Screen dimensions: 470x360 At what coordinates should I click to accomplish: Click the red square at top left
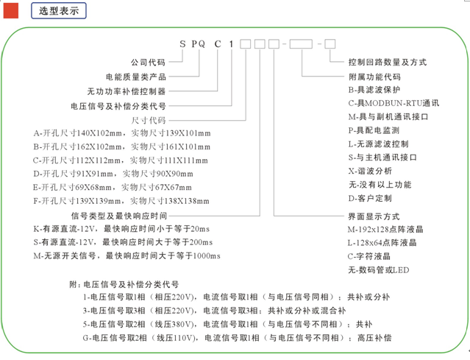click(x=11, y=11)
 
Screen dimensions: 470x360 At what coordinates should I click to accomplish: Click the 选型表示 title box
click(x=59, y=11)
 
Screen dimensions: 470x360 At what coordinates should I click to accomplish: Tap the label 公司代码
click(x=148, y=62)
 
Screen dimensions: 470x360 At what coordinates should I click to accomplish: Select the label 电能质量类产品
click(x=136, y=77)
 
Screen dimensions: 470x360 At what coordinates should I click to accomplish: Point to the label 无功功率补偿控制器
click(x=127, y=91)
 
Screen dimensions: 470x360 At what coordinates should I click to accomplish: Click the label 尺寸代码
click(x=149, y=120)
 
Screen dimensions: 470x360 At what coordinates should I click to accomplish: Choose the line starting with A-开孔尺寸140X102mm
click(x=122, y=133)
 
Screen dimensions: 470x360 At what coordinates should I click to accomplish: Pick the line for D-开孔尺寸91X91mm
click(x=113, y=174)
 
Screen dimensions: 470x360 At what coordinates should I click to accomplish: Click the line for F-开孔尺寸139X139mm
click(x=121, y=201)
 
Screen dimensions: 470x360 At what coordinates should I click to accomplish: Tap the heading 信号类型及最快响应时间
click(x=119, y=216)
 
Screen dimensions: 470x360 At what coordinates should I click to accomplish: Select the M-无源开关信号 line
click(x=127, y=256)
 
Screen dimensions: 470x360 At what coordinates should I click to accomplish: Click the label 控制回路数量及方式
click(x=388, y=62)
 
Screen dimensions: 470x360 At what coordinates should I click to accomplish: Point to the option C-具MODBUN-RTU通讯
click(x=394, y=103)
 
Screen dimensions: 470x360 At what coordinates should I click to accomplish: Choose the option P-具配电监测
click(x=374, y=130)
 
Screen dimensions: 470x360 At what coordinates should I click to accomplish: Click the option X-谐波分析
click(x=370, y=171)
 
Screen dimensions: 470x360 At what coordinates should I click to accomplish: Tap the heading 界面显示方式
click(x=374, y=216)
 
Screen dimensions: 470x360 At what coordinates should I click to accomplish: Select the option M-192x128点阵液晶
click(x=385, y=230)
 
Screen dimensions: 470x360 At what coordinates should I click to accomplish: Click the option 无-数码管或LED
click(x=378, y=270)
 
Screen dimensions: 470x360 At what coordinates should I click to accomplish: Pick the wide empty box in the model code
click(x=301, y=43)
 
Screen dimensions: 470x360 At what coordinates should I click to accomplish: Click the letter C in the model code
click(x=218, y=44)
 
